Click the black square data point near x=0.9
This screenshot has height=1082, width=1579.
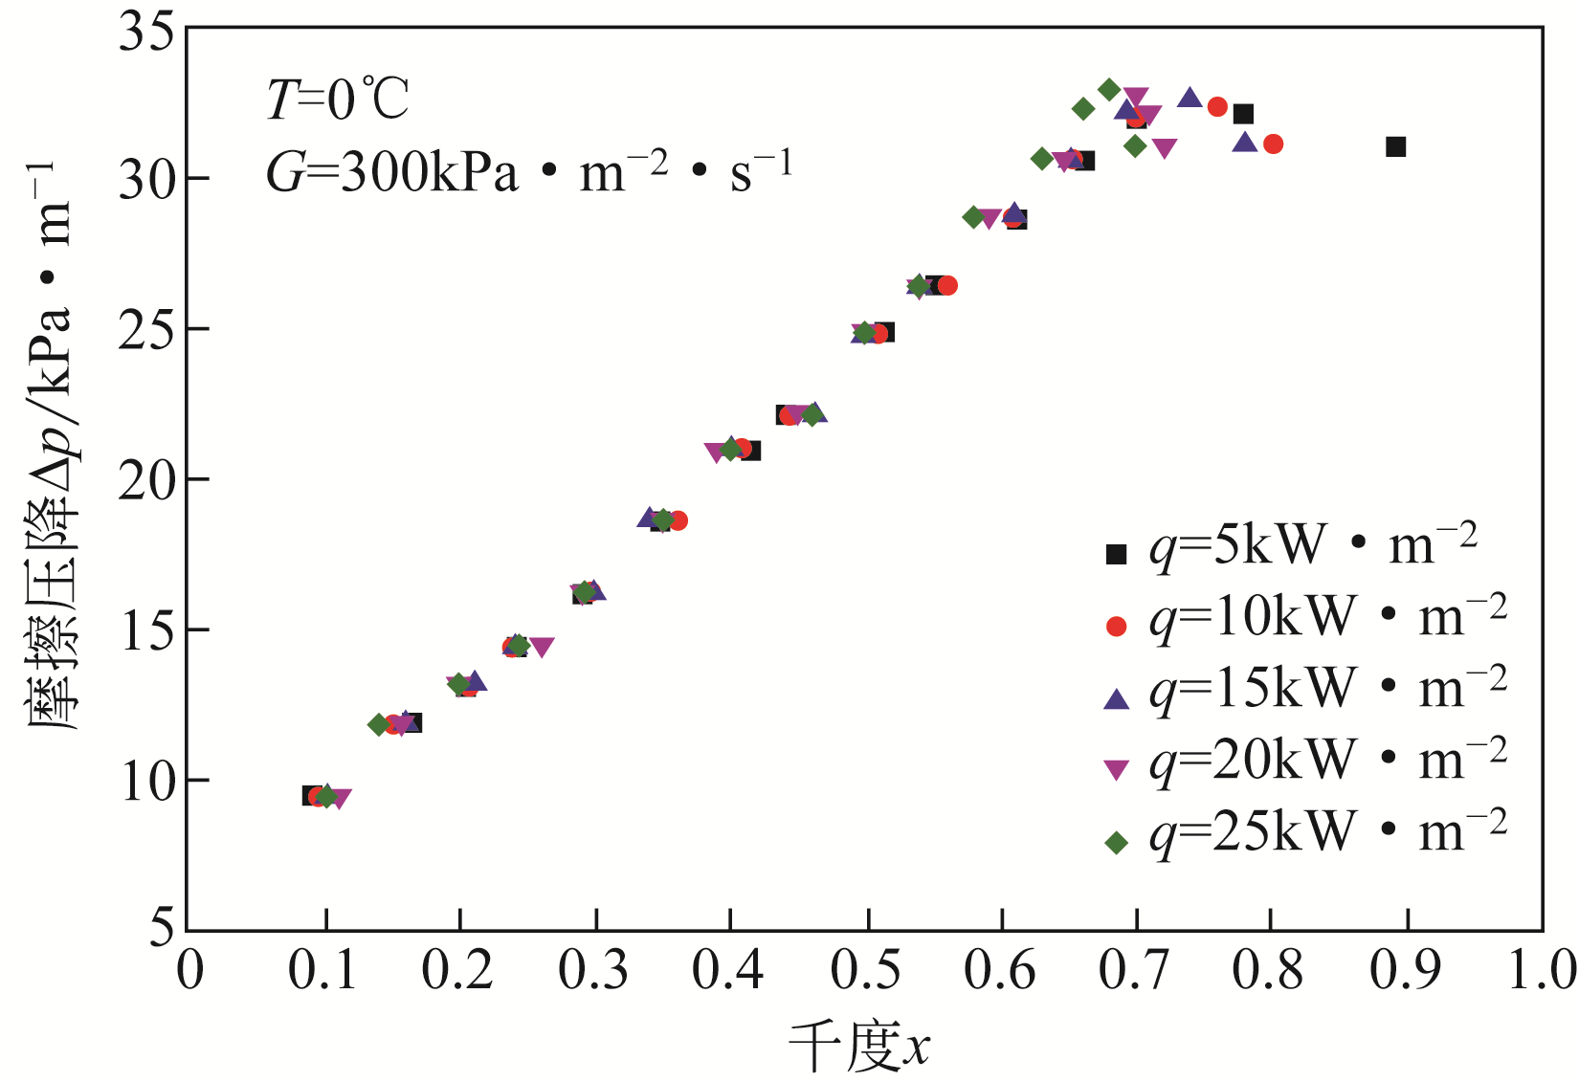coord(1395,146)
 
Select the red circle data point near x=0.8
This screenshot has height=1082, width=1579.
coord(1273,144)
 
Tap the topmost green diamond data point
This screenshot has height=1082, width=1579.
coord(1109,90)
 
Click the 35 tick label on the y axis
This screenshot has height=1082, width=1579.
coord(146,32)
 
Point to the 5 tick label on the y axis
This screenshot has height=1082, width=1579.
coord(162,929)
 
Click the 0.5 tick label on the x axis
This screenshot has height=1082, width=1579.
coord(866,971)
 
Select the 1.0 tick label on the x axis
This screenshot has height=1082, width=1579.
coord(1542,971)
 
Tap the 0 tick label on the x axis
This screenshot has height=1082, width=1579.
coord(189,971)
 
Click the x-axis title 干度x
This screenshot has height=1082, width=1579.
coord(858,1046)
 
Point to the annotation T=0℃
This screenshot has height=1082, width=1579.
coord(337,99)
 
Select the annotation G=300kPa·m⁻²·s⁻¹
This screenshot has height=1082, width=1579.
coord(528,173)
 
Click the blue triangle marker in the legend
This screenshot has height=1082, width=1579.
coord(1116,697)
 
